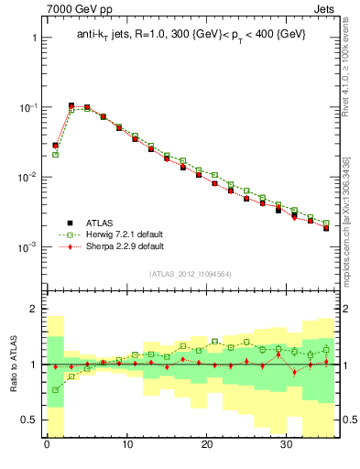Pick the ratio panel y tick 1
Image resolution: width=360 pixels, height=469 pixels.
pyautogui.click(x=35, y=365)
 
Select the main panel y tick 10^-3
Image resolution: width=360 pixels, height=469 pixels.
pyautogui.click(x=27, y=247)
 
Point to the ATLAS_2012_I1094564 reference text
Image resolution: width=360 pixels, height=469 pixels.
pyautogui.click(x=190, y=274)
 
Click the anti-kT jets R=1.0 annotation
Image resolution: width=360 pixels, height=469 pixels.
pyautogui.click(x=191, y=34)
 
